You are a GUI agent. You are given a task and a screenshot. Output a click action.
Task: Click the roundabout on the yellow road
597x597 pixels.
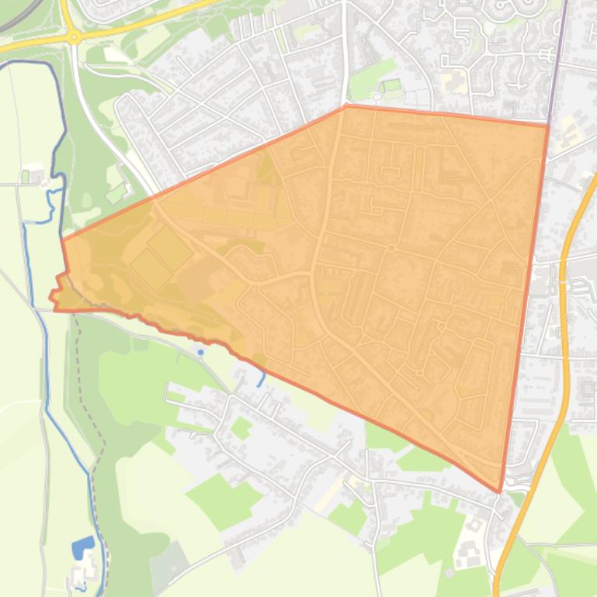point(74,36)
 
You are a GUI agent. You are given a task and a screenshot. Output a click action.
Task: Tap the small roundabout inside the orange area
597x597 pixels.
point(392,248)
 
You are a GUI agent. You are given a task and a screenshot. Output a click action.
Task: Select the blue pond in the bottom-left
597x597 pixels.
point(82,548)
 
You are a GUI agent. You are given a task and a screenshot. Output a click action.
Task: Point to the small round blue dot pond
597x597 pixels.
point(201,353)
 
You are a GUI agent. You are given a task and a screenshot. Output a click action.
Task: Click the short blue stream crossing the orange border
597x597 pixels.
point(262,378)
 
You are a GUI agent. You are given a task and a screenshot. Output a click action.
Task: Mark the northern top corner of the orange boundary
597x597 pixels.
point(345,106)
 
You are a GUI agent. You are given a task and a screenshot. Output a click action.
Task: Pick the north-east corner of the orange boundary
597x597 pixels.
point(548,123)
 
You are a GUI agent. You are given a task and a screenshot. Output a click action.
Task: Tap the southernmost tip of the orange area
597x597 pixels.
point(499,491)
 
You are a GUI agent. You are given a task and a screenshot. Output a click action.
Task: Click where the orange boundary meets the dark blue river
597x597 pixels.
point(62,240)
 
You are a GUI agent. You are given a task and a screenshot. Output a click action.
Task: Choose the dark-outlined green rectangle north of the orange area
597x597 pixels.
point(392,85)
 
